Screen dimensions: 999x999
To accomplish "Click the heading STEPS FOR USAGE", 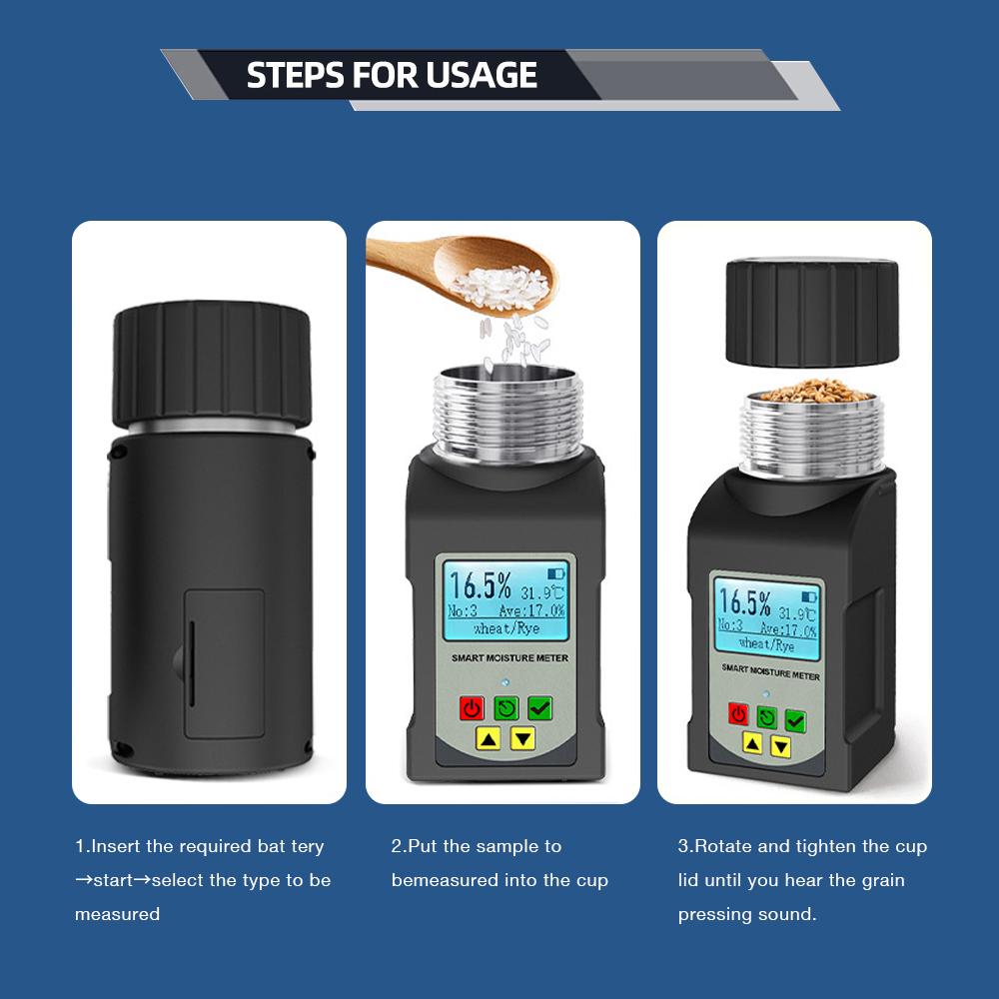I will [x=392, y=75].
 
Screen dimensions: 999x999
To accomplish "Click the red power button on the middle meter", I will [x=472, y=708].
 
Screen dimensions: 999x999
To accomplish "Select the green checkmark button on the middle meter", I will [x=539, y=708].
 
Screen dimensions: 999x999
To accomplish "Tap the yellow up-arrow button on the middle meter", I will [x=488, y=739].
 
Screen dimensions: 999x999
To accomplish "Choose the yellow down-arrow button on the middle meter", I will [x=523, y=739].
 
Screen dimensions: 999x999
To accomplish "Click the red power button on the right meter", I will [x=738, y=713].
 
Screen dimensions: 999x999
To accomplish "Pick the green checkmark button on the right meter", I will [x=795, y=719].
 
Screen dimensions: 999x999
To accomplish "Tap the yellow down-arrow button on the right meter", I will [x=781, y=746].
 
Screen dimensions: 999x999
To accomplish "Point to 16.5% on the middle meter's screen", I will [x=479, y=585].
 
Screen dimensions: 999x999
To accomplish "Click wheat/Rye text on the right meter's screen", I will [x=766, y=645].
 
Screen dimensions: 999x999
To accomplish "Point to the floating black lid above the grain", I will [x=811, y=312].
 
